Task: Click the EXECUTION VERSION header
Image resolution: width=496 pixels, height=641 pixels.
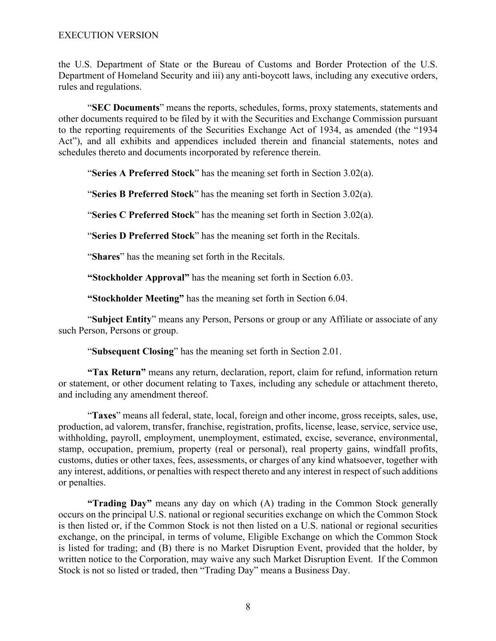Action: [108, 35]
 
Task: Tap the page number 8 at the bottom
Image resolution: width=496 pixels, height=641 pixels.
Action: [248, 607]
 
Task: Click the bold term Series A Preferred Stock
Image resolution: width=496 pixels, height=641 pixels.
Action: [143, 173]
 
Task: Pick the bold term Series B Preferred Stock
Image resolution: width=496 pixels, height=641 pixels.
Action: [142, 194]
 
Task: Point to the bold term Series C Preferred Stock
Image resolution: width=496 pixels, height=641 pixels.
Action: [143, 215]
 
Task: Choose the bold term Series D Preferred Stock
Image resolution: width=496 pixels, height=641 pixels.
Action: [143, 236]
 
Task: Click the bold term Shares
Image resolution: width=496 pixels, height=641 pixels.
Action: [106, 257]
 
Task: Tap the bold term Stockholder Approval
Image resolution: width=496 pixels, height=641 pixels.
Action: [139, 278]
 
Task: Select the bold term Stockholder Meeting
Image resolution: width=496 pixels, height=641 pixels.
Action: [136, 299]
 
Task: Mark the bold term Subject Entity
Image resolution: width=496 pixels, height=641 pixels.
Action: [121, 319]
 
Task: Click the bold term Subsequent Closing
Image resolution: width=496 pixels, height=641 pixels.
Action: [133, 351]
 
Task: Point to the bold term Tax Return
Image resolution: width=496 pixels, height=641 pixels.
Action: [117, 372]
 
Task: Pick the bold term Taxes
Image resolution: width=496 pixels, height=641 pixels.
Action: [104, 416]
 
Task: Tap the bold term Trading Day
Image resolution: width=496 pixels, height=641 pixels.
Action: [120, 503]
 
